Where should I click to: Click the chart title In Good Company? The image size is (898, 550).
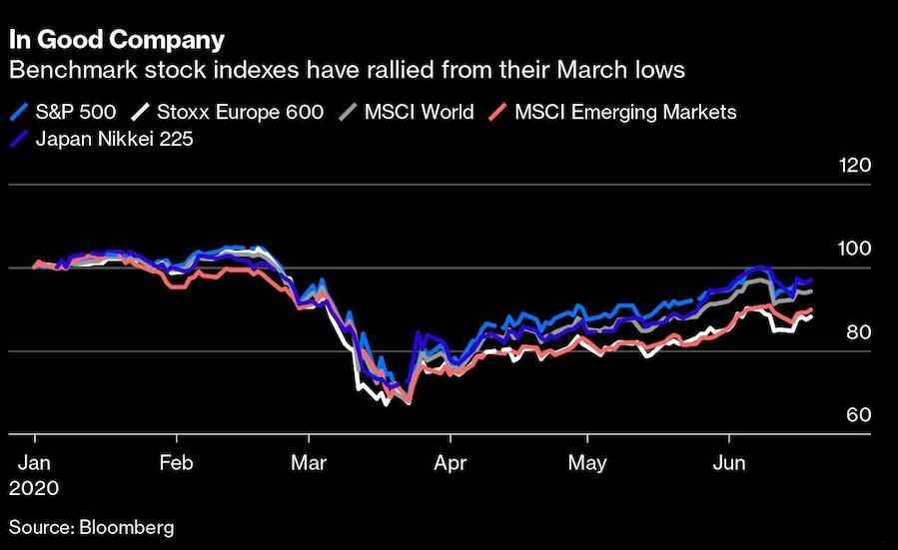116,41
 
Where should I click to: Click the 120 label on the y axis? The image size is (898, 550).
856,166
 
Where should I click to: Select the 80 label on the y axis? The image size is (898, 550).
859,332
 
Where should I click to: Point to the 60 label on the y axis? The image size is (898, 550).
859,415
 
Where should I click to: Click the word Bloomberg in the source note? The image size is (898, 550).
126,526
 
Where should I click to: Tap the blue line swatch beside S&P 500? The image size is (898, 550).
18,111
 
